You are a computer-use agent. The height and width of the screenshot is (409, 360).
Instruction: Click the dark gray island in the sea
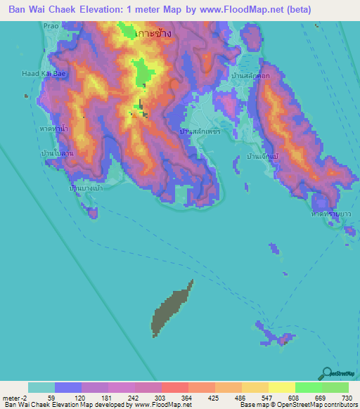[x=171, y=306]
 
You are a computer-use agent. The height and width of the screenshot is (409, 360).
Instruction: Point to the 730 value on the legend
[x=346, y=398]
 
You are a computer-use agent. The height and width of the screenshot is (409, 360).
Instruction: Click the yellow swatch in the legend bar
[x=281, y=387]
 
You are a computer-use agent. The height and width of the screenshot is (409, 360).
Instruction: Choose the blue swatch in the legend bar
[x=68, y=387]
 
